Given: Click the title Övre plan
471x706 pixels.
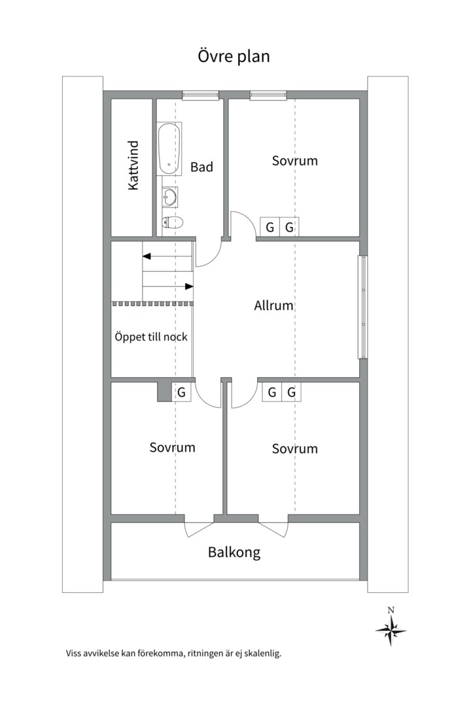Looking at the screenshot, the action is click(x=234, y=56).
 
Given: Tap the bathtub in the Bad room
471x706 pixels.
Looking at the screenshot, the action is click(x=169, y=148).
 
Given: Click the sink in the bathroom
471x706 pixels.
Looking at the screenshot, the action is click(x=170, y=197).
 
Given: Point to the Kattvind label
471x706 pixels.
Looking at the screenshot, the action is click(x=133, y=165).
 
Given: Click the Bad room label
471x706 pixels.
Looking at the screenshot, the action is click(x=201, y=167).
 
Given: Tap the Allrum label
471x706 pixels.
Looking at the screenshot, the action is click(x=273, y=306).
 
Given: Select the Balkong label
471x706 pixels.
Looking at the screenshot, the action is click(x=234, y=552).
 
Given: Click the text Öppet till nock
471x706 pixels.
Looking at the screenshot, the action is click(x=151, y=337).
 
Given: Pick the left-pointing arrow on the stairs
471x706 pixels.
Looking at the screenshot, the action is click(x=167, y=256).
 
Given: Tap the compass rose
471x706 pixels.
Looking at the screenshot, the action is click(x=391, y=630).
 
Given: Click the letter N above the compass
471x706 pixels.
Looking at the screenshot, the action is click(x=391, y=611).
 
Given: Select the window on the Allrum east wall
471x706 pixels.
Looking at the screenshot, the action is click(x=363, y=307).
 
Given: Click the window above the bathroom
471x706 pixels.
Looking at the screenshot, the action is click(x=201, y=95).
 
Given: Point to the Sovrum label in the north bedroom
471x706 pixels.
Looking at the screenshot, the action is click(x=295, y=161).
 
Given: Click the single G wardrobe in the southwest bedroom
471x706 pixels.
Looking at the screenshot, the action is click(x=182, y=392).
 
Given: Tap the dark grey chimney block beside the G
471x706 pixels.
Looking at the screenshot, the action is click(x=164, y=392).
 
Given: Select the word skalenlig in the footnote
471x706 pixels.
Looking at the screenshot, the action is click(x=264, y=653).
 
